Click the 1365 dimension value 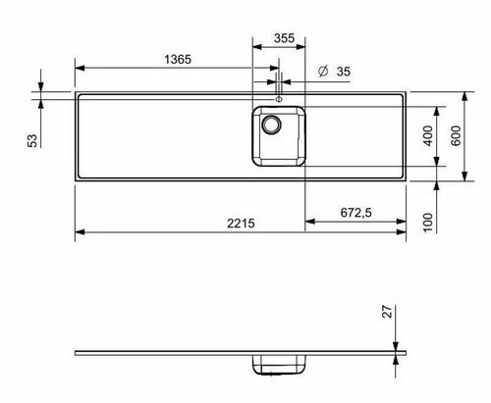[177, 59]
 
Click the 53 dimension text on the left [32, 140]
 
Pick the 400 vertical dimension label [427, 136]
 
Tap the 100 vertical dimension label [428, 222]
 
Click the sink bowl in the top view [280, 136]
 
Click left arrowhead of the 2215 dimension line [80, 233]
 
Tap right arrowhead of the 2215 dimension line [404, 233]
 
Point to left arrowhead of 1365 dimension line [80, 68]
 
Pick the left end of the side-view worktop [77, 351]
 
